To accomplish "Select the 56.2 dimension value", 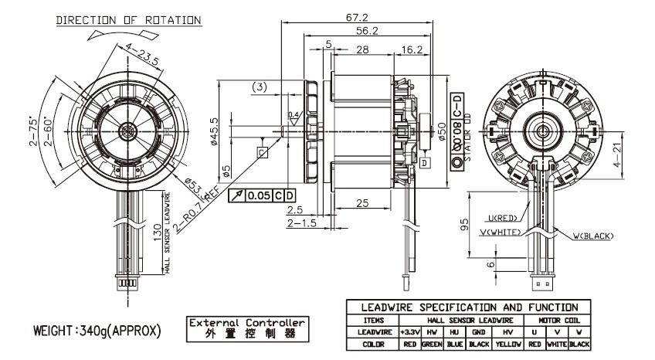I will pyautogui.click(x=365, y=32).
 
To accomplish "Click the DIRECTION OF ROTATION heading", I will pyautogui.click(x=129, y=19).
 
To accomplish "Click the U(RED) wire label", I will pyautogui.click(x=503, y=219).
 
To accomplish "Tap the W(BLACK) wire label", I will pyautogui.click(x=592, y=236).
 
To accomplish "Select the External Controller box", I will pyautogui.click(x=246, y=328).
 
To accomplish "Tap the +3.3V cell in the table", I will pyautogui.click(x=409, y=331).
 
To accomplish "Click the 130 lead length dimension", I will pyautogui.click(x=158, y=232).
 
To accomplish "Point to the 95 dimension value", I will pyautogui.click(x=466, y=224).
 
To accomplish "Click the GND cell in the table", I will pyautogui.click(x=478, y=331).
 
